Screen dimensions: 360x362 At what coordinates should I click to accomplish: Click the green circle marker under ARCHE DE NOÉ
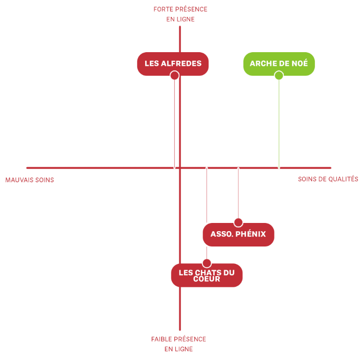tap(279, 76)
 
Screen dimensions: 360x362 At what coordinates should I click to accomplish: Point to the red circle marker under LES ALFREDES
tap(174, 76)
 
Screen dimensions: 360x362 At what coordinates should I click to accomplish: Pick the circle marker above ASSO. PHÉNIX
tap(238, 222)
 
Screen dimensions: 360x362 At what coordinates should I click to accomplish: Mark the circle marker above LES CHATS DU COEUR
tap(207, 263)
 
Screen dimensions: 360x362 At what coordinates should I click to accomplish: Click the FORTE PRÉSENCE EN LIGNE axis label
tap(180, 14)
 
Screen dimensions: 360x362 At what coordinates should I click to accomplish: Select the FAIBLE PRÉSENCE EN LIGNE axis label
tap(178, 344)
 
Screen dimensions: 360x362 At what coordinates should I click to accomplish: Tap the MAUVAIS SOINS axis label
tap(30, 180)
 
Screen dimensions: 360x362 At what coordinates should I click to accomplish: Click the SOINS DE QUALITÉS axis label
tap(328, 179)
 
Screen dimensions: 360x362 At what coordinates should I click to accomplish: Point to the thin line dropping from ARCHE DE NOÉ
tap(279, 123)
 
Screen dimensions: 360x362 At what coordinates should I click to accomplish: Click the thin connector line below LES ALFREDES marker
tap(174, 123)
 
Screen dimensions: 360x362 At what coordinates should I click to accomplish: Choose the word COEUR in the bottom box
tap(207, 279)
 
